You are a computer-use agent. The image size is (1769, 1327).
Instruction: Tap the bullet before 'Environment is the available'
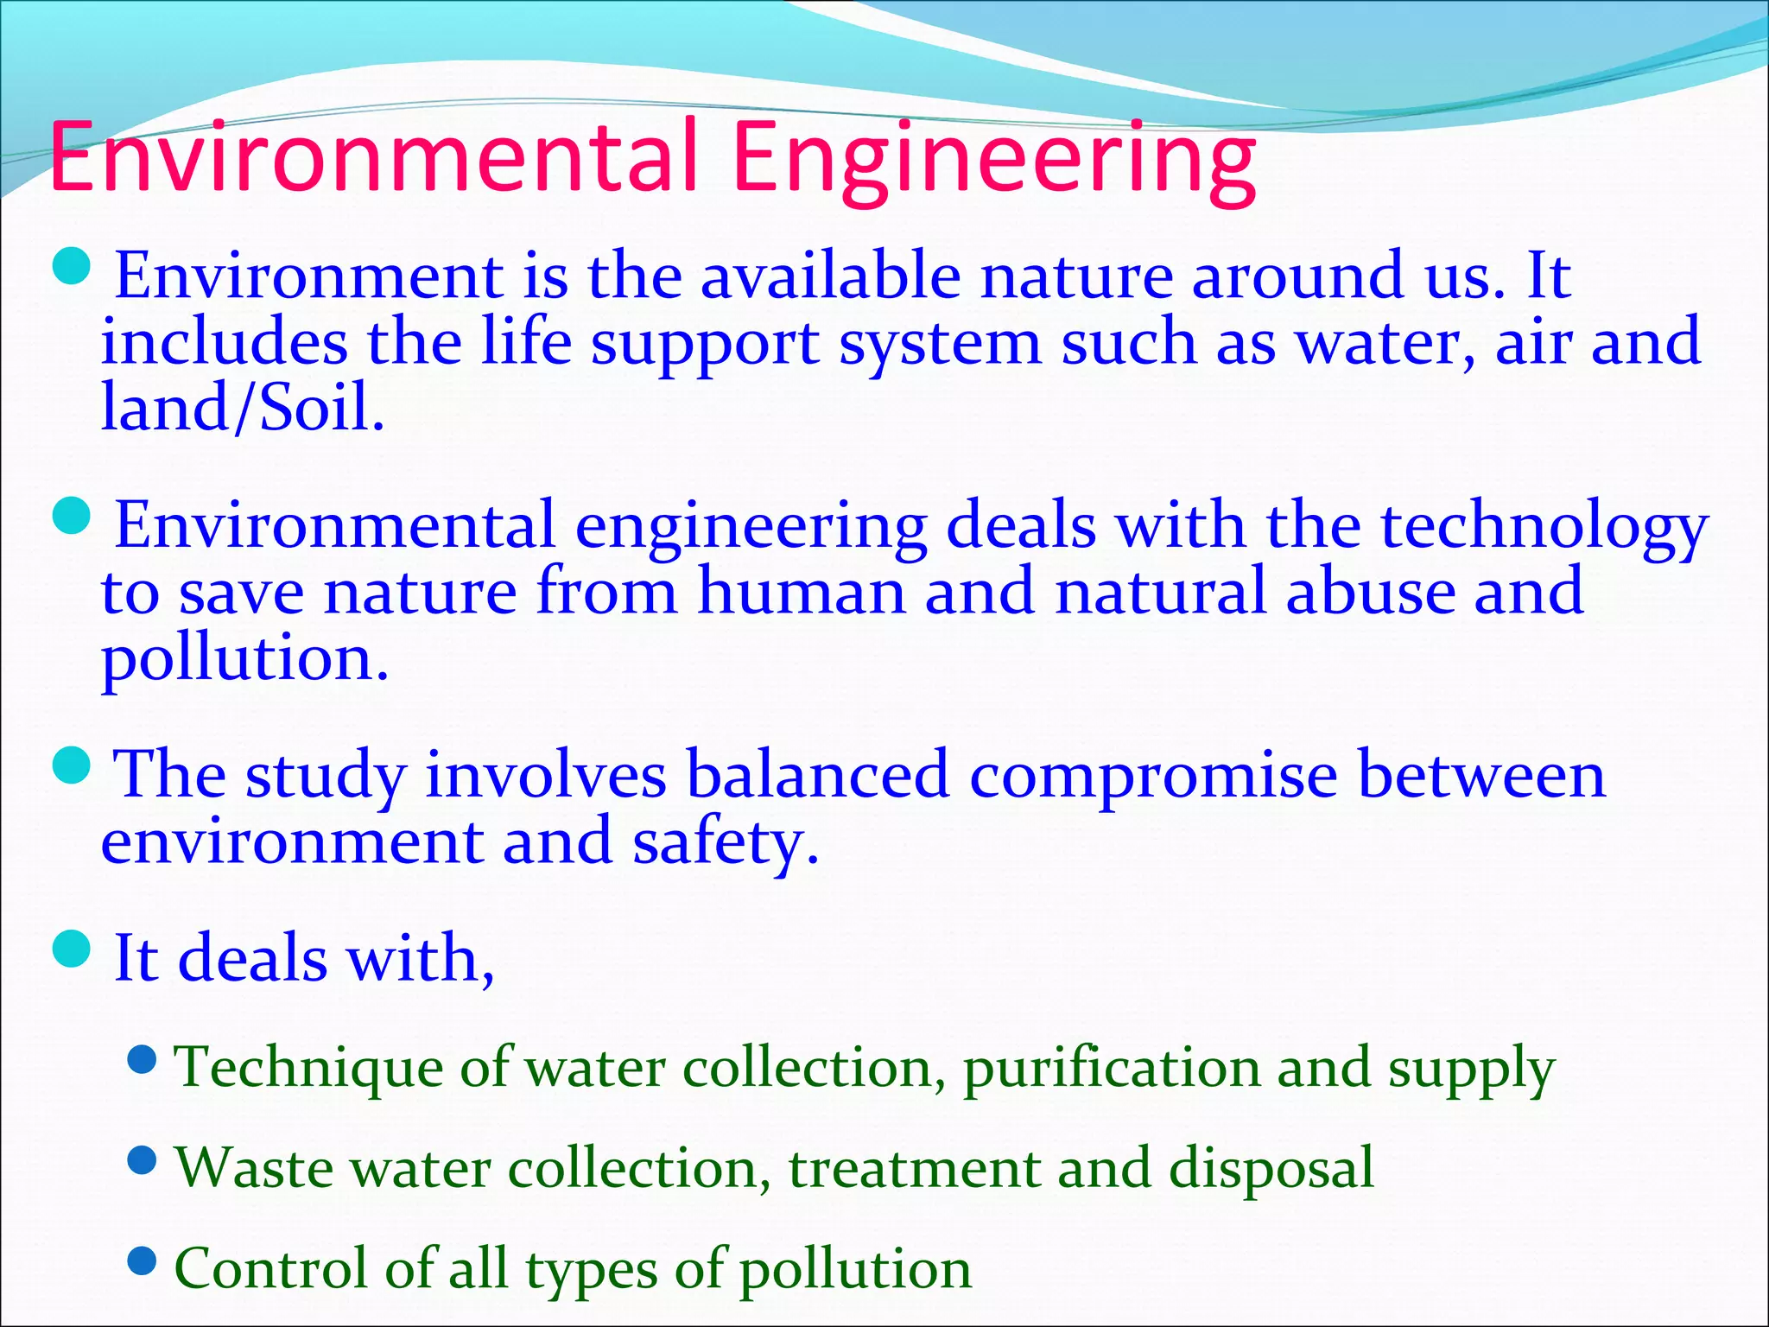point(72,266)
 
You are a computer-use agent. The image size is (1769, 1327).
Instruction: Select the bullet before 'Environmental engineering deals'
point(72,516)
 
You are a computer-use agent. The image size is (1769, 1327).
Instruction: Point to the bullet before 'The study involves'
point(72,765)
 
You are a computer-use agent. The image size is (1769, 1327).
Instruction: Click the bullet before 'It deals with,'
point(72,949)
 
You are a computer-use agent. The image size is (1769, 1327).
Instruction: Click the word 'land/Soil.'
point(243,407)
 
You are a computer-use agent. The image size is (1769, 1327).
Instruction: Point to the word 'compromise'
point(1153,776)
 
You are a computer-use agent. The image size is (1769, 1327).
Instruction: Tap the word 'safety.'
point(725,843)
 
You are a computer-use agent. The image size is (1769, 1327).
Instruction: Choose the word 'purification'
point(1111,1068)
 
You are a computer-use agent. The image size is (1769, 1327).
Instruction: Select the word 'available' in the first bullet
point(830,276)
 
